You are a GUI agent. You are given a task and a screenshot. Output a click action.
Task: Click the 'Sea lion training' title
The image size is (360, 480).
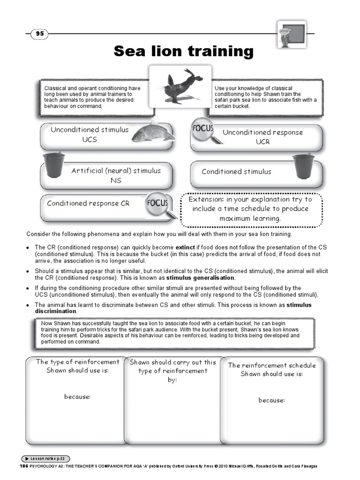(x=183, y=51)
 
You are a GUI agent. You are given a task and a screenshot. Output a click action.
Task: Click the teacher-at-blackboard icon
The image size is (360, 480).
(x=290, y=34)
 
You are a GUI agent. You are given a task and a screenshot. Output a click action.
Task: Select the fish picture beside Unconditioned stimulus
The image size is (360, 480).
(x=152, y=132)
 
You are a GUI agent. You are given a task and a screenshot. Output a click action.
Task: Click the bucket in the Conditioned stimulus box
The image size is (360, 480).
(x=303, y=165)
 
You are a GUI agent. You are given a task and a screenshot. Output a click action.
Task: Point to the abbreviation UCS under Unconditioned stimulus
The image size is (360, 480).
(x=90, y=139)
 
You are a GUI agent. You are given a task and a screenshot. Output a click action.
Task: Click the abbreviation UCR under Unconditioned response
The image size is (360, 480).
(x=262, y=142)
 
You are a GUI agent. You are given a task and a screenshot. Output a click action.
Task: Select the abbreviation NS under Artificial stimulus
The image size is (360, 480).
(x=116, y=180)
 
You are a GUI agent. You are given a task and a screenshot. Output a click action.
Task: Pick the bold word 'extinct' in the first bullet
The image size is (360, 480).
(x=185, y=247)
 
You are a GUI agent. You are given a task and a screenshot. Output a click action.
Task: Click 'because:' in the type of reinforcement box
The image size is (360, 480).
(x=77, y=397)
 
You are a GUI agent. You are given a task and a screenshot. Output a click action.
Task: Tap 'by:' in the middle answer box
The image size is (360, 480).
(x=172, y=379)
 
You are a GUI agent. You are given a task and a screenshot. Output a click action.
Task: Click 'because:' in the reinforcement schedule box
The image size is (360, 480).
(x=271, y=400)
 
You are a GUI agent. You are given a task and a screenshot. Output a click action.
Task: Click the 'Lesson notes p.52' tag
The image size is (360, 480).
(x=47, y=458)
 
